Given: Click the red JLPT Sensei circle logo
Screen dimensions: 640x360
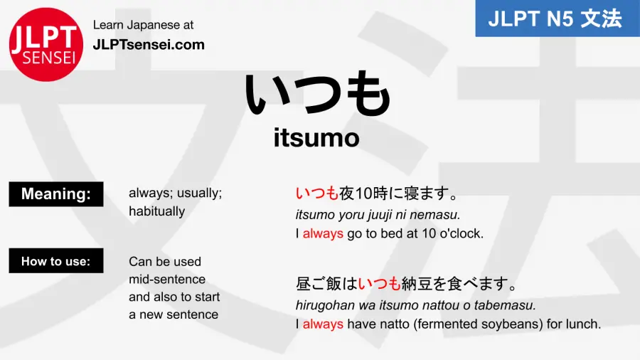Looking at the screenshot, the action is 46,45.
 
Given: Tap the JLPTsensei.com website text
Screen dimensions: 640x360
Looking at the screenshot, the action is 149,45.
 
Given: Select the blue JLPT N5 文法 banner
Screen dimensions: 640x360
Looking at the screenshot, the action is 558,18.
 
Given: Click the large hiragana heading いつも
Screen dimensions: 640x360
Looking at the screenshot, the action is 318,95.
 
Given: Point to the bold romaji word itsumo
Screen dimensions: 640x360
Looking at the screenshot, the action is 316,138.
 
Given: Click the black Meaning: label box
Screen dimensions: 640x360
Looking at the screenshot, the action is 56,194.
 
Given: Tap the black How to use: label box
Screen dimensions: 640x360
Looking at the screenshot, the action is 56,260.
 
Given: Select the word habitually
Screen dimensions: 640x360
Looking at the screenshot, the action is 156,211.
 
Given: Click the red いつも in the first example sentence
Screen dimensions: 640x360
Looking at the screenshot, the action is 317,193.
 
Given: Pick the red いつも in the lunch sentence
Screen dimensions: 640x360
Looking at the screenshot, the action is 380,283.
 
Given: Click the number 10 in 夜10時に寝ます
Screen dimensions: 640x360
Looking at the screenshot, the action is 363,194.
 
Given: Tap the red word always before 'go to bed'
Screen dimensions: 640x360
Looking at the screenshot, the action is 323,233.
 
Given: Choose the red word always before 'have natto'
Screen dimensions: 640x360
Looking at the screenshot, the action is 323,324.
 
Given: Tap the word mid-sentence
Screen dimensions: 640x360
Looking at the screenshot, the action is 167,279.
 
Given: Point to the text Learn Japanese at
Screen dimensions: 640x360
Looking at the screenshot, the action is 143,25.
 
